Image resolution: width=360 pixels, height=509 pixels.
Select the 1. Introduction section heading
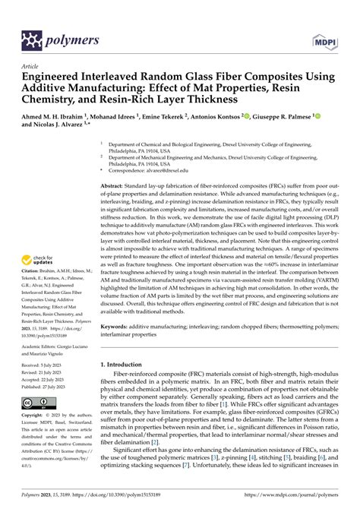pos(126,365)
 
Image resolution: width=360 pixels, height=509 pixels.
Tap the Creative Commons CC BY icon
pos(39,401)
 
